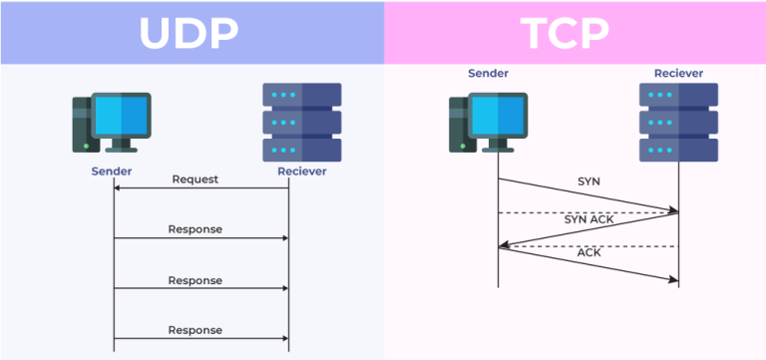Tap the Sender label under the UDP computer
[114, 171]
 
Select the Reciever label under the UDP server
[301, 171]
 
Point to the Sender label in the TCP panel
[489, 73]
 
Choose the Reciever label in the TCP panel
[678, 73]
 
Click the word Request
[194, 180]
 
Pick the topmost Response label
[194, 229]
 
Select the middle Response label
[194, 280]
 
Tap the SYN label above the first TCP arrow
[589, 182]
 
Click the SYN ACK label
[588, 218]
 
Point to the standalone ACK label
[589, 252]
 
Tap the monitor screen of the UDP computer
[121, 115]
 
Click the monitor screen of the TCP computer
[498, 115]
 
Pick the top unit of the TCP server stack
[678, 96]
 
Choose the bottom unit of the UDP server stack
[301, 150]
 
